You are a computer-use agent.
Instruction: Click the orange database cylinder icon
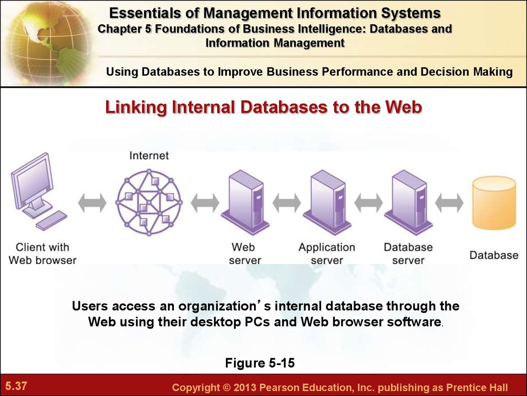point(494,203)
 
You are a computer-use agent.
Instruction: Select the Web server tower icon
point(245,203)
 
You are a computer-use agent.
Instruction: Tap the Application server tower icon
point(327,203)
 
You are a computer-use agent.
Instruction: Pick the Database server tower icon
point(409,203)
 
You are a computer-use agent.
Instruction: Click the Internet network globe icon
point(149,202)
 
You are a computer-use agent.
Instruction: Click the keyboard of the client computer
point(51,221)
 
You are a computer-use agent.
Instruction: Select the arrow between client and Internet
point(92,203)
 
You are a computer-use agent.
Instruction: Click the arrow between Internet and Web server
point(205,203)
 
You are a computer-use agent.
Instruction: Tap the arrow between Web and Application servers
point(287,203)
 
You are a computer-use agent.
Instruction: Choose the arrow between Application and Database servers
point(368,203)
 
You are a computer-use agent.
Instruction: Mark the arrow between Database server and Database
point(449,203)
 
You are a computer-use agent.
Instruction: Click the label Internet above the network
point(149,156)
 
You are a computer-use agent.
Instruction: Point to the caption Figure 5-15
point(260,363)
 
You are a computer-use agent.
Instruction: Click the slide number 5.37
point(16,386)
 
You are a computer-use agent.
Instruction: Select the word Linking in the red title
point(136,107)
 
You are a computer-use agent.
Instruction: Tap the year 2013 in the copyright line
point(244,388)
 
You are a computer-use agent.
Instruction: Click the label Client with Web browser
point(43,254)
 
